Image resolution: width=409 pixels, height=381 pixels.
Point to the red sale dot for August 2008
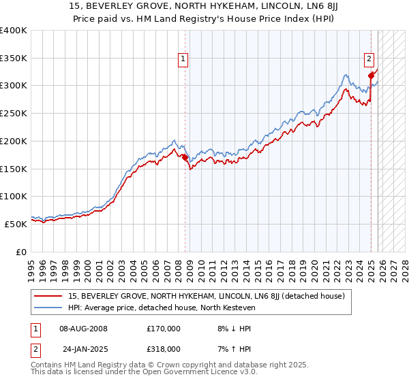(185, 158)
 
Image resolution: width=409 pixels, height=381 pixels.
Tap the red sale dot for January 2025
(371, 76)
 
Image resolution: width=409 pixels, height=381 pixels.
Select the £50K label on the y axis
(16, 223)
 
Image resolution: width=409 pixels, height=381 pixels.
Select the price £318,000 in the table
(164, 348)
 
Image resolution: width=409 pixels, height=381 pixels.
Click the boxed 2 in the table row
(35, 348)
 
